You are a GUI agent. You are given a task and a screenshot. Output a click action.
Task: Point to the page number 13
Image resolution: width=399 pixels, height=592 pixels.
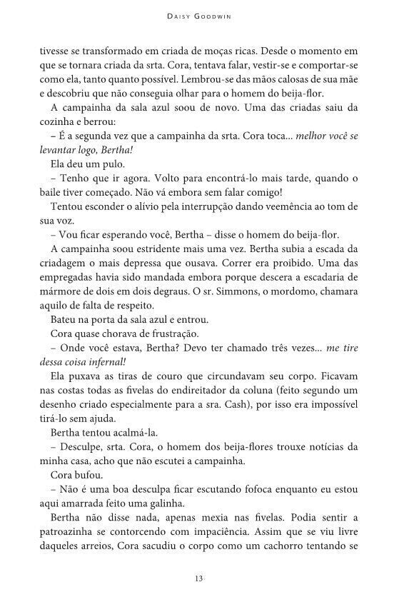click(x=199, y=578)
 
